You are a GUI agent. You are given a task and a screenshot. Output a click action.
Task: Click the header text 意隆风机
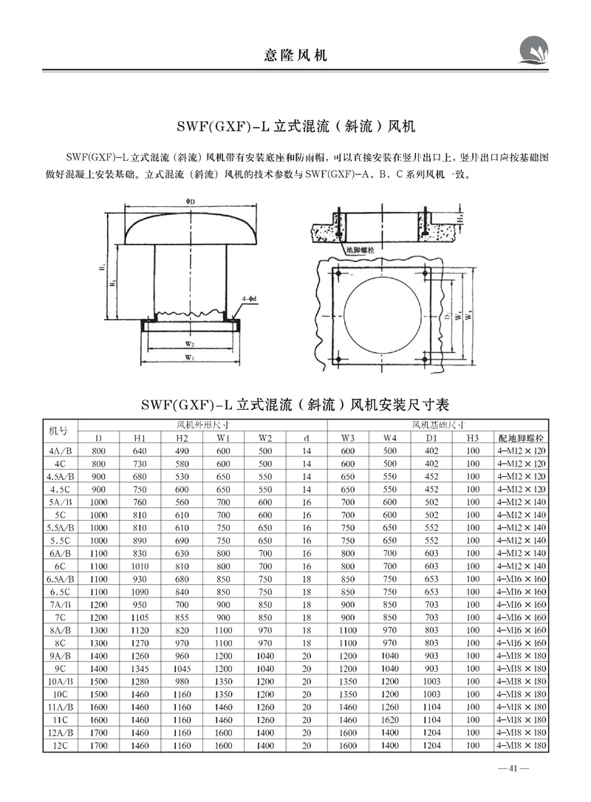tap(295, 55)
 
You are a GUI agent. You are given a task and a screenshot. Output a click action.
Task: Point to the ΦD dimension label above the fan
tap(191, 202)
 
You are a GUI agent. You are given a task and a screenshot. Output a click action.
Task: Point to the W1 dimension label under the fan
tap(190, 359)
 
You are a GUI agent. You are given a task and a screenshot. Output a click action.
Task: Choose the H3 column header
tap(473, 438)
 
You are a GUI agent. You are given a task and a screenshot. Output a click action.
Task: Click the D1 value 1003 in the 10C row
tap(432, 694)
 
